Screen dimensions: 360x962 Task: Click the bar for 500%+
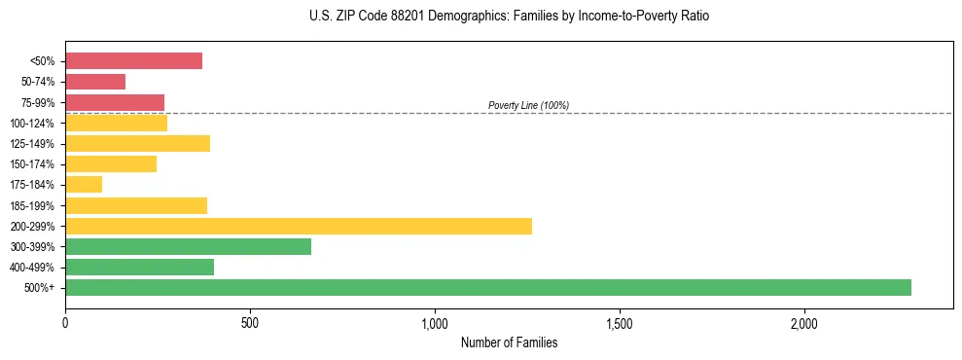click(x=487, y=287)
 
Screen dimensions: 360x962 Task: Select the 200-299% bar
click(x=298, y=226)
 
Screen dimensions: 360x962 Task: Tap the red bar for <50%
click(x=133, y=61)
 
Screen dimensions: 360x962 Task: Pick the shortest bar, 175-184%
click(x=84, y=184)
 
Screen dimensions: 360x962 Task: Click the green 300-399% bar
click(x=188, y=246)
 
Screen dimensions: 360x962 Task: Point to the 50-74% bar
click(x=95, y=82)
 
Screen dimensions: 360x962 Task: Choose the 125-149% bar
click(x=137, y=143)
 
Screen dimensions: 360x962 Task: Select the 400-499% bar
click(x=139, y=267)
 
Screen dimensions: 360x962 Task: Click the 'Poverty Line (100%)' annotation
click(x=528, y=105)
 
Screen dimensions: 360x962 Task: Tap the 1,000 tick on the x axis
click(x=435, y=322)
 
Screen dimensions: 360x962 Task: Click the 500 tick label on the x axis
click(x=250, y=322)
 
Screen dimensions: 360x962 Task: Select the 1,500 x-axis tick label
click(x=620, y=322)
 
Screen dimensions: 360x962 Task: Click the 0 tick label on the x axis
click(x=65, y=322)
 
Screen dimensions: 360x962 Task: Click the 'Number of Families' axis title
click(x=509, y=342)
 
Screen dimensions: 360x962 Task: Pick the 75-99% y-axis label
click(x=38, y=102)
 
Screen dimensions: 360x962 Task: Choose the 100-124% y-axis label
click(x=33, y=123)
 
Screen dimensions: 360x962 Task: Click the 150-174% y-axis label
click(x=33, y=164)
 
